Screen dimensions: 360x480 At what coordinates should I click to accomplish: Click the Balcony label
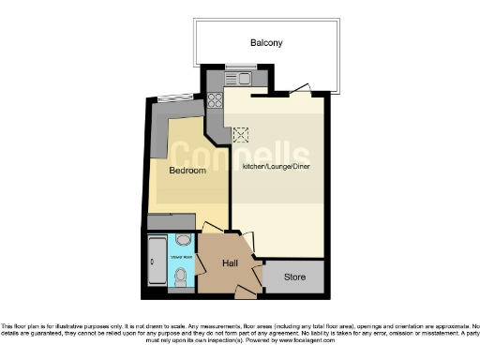265,43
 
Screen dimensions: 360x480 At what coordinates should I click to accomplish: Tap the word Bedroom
187,172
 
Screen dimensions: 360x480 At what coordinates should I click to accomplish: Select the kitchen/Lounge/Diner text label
277,166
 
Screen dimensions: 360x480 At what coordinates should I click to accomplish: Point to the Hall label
231,263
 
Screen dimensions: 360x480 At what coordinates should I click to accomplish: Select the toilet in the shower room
181,277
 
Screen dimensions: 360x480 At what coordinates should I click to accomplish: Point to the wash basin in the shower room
182,240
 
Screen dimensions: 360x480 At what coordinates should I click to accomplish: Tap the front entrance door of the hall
244,292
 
